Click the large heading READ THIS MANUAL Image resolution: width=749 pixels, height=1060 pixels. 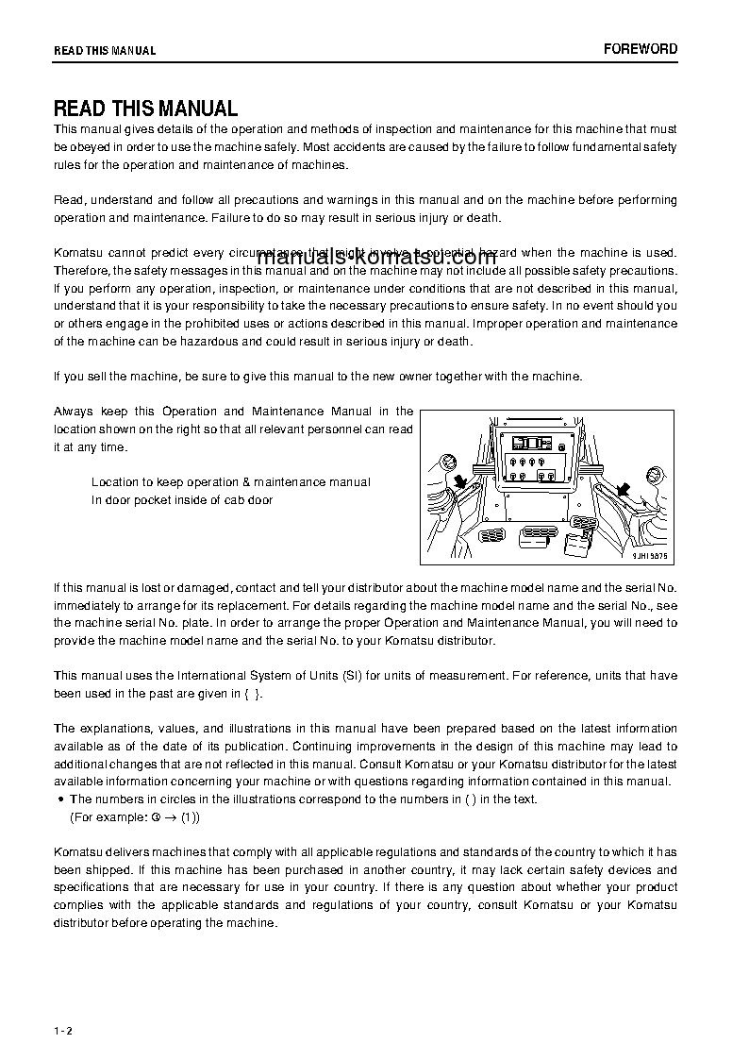pyautogui.click(x=145, y=109)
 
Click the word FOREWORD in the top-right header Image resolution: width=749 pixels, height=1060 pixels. pyautogui.click(x=641, y=49)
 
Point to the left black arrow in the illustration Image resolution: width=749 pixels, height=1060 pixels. pyautogui.click(x=461, y=484)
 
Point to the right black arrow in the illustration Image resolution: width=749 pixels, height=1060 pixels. pyautogui.click(x=622, y=488)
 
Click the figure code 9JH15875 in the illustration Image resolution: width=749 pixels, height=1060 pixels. pyautogui.click(x=649, y=556)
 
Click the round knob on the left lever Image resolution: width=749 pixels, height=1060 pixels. pyautogui.click(x=448, y=462)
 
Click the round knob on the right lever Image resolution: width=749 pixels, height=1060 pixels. pyautogui.click(x=654, y=477)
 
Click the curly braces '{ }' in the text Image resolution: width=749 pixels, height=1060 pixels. pyautogui.click(x=253, y=694)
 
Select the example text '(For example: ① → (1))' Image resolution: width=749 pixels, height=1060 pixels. pyautogui.click(x=135, y=816)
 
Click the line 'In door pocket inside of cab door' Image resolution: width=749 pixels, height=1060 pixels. pyautogui.click(x=182, y=500)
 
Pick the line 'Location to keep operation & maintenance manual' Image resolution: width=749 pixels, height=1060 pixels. pyautogui.click(x=230, y=482)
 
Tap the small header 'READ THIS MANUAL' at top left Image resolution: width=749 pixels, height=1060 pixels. pyautogui.click(x=105, y=51)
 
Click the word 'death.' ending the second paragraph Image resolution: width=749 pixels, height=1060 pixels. pyautogui.click(x=482, y=218)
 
